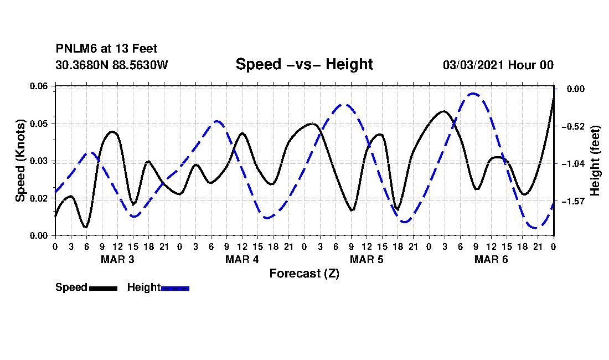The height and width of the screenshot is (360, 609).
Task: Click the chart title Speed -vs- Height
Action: pos(304,64)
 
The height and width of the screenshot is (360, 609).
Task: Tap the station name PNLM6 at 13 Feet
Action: pos(106,49)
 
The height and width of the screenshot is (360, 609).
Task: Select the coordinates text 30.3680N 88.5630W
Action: pos(112,65)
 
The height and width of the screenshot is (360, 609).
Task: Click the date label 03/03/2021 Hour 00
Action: pos(498,65)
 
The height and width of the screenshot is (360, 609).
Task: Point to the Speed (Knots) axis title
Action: pos(20,161)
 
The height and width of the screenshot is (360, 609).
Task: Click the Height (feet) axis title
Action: pos(595,161)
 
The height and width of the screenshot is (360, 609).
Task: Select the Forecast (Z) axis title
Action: pos(304,274)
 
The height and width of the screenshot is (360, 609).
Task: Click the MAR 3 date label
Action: pos(117,259)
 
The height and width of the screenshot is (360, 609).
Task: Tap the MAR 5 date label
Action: pos(367,259)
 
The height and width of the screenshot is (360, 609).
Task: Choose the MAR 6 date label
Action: pos(491,259)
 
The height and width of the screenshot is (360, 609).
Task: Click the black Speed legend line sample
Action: pos(104,288)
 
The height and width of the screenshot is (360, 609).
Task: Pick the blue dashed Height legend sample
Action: pos(175,288)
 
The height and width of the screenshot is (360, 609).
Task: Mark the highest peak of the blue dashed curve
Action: pos(473,94)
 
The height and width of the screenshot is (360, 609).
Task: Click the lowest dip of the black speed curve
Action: pos(85,227)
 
